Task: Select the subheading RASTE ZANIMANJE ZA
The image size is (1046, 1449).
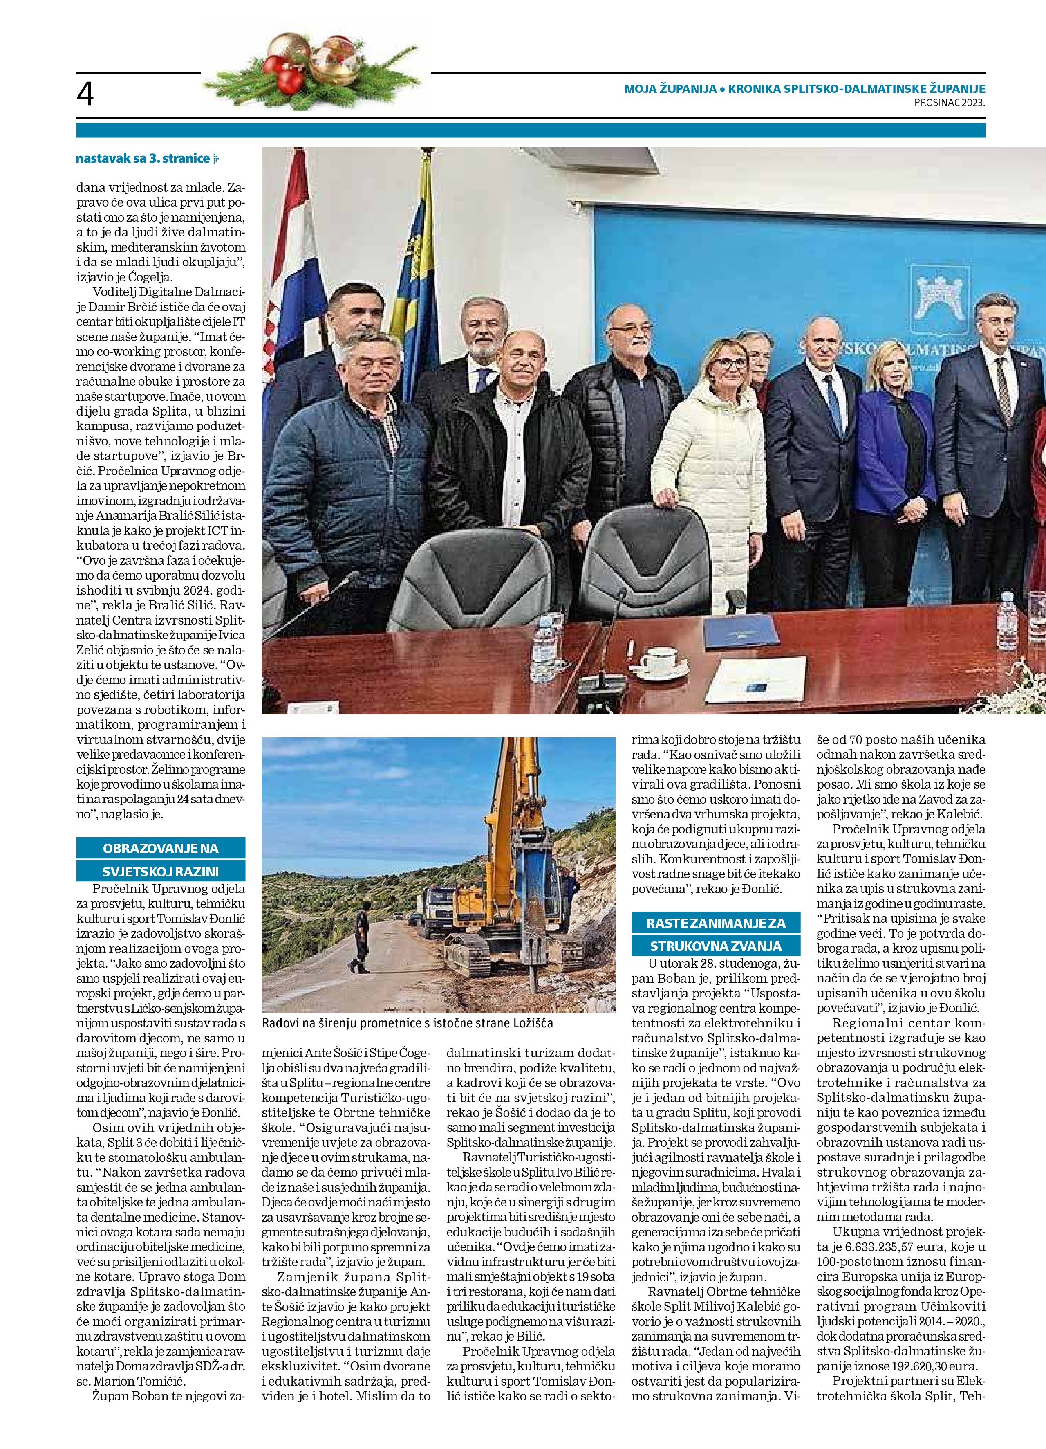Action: pyautogui.click(x=715, y=923)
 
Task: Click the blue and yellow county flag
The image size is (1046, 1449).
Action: pyautogui.click(x=415, y=268)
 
